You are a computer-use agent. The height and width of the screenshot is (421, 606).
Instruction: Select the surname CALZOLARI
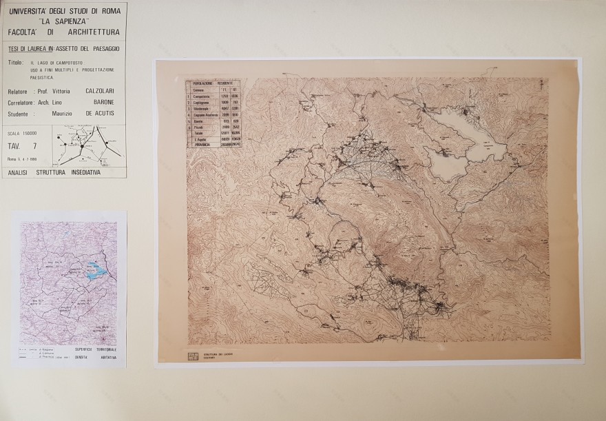pos(101,92)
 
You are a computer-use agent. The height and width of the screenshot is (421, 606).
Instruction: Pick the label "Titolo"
pos(16,62)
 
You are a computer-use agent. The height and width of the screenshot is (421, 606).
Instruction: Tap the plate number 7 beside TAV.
pos(34,146)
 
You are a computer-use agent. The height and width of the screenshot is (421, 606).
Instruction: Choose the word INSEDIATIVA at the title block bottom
pos(80,172)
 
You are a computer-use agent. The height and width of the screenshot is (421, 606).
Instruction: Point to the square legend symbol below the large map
pos(193,356)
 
